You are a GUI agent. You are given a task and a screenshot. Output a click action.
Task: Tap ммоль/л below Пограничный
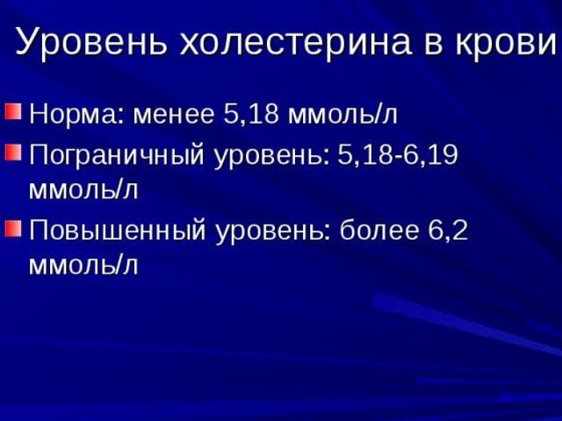pyautogui.click(x=83, y=189)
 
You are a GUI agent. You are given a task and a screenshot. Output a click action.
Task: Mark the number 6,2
pyautogui.click(x=448, y=232)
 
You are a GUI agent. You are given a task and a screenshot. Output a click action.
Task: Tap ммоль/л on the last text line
pyautogui.click(x=83, y=264)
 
